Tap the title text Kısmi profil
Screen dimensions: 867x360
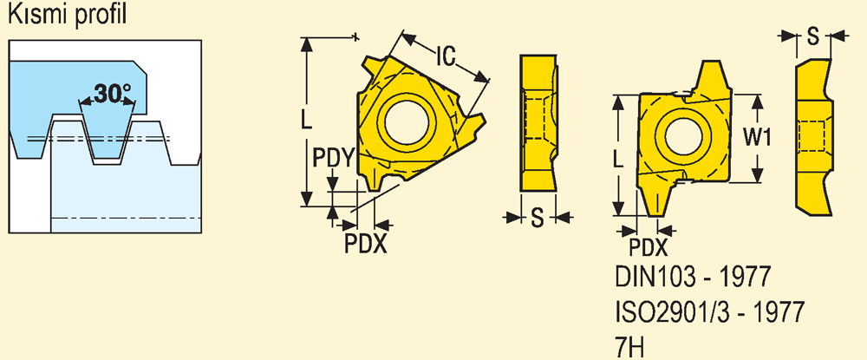point(68,15)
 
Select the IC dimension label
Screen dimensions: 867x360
point(445,55)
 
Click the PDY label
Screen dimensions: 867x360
point(333,159)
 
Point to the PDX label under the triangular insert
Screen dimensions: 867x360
point(366,243)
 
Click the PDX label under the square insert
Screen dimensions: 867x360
point(649,248)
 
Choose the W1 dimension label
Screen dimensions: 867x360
point(756,138)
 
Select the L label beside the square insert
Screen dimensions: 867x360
point(619,160)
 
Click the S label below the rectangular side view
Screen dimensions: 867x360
point(538,218)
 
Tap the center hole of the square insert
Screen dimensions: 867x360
point(684,135)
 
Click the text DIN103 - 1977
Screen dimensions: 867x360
point(692,277)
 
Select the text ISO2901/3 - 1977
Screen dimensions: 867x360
point(710,313)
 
